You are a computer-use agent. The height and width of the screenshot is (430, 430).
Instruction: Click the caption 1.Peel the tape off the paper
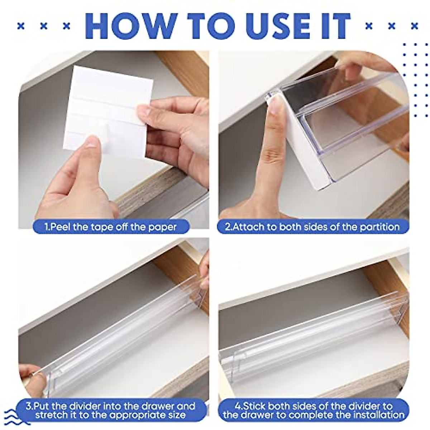coord(111,227)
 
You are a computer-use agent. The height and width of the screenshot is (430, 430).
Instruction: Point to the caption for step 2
coord(312,227)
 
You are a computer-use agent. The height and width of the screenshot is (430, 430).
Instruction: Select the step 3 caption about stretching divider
coord(111,411)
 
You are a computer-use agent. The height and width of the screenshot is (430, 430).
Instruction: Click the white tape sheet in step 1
coord(107,104)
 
